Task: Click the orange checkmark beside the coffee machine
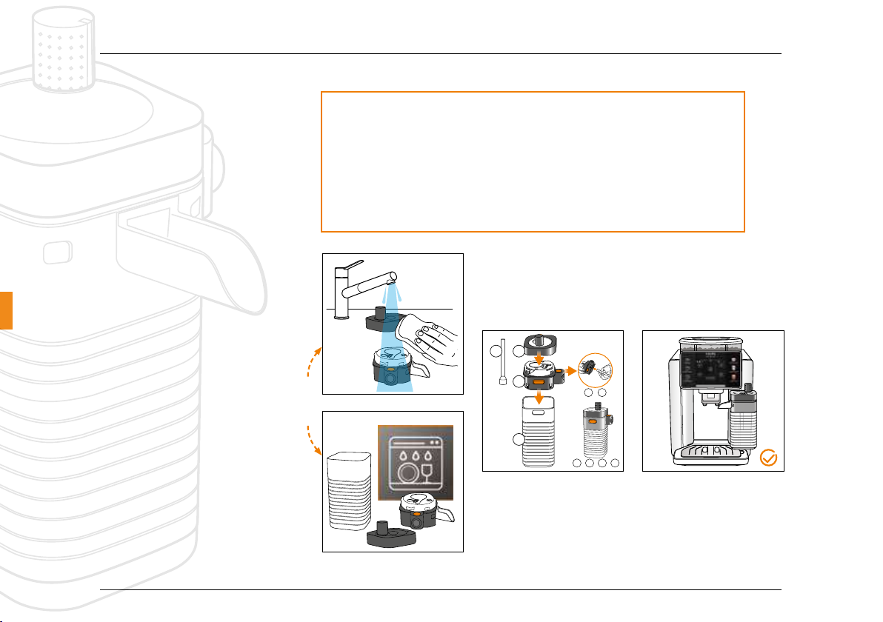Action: pos(769,458)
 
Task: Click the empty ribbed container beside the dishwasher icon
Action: pos(348,499)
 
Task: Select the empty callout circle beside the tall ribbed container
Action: pos(519,441)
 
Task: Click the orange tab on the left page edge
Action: pos(6,310)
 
